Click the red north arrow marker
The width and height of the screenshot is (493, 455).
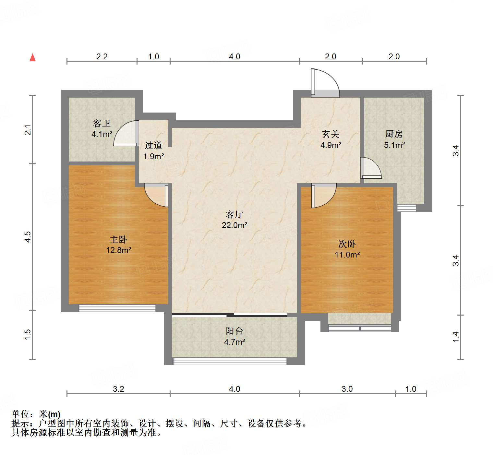coord(32,57)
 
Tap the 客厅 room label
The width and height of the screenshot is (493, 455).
coord(234,214)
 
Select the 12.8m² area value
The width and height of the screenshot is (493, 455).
coord(118,250)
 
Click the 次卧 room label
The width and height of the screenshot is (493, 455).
coord(347,244)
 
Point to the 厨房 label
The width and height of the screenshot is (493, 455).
coord(394,134)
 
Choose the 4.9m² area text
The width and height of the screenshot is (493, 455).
coord(331,145)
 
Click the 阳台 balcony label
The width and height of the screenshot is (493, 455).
coord(234,331)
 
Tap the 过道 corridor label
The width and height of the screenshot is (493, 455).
coord(153,145)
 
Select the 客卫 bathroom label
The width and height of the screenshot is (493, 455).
coord(102,123)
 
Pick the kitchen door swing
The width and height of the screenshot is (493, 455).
coord(371,168)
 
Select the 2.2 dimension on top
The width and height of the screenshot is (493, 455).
coord(102,56)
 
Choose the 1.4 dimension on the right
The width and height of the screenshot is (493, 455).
coord(456,336)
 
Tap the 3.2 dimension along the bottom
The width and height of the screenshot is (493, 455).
coord(118,389)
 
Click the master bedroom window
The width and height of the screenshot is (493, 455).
coord(117,308)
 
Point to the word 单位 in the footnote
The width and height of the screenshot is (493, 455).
coord(20,414)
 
